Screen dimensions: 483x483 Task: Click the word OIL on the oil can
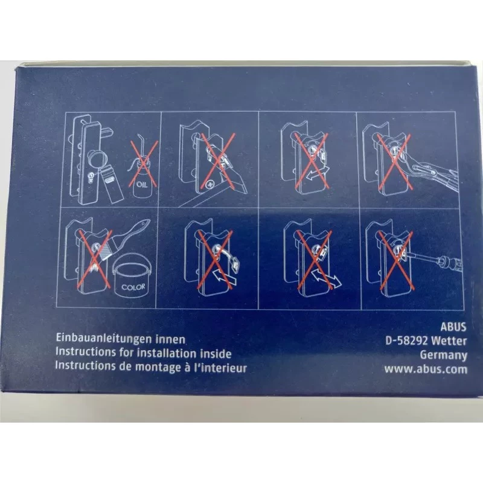point(142,185)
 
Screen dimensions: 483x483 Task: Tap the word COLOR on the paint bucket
point(133,287)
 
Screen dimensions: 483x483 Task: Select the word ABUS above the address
point(453,327)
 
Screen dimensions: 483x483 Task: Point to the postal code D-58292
point(406,341)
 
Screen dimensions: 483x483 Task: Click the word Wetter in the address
point(449,341)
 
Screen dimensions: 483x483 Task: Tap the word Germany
point(444,355)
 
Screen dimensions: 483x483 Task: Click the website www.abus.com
point(426,369)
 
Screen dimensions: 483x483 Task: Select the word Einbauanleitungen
point(103,339)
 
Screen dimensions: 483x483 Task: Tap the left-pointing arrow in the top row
point(318,173)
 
